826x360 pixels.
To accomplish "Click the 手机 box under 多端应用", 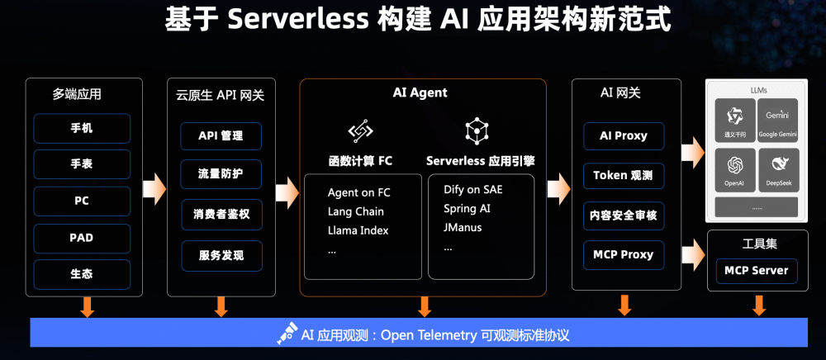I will [82, 128].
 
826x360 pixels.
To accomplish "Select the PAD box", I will [82, 238].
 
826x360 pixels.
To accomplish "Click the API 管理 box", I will [221, 136].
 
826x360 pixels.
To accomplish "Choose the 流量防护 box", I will [221, 174].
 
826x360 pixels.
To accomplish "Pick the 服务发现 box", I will [221, 255].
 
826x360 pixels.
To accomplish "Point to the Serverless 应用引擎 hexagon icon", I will [477, 130].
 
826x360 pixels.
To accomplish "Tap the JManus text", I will [463, 227].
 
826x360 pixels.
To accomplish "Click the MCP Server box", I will [756, 271].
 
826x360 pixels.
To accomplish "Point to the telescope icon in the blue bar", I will [286, 334].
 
